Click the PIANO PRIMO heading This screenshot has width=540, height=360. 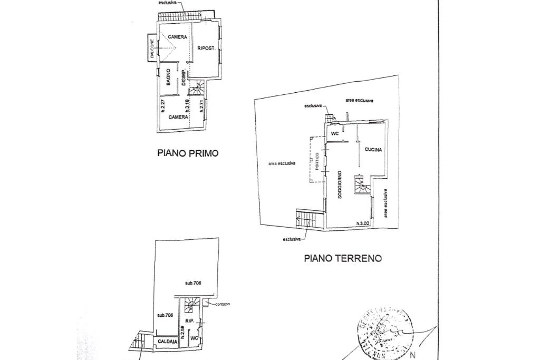188,153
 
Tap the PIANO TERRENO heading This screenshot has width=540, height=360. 342,258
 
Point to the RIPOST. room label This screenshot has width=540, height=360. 206,48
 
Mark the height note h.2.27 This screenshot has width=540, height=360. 163,108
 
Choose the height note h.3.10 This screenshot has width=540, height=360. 187,107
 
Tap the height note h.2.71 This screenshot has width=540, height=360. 201,108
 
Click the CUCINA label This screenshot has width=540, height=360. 373,150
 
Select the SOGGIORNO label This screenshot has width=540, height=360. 340,184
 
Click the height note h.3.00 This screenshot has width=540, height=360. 363,223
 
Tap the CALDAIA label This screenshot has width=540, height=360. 167,342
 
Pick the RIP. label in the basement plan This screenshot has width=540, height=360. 190,320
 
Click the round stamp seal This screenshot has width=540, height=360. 385,334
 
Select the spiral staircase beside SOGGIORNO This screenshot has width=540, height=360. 360,184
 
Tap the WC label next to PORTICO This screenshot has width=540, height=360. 334,134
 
